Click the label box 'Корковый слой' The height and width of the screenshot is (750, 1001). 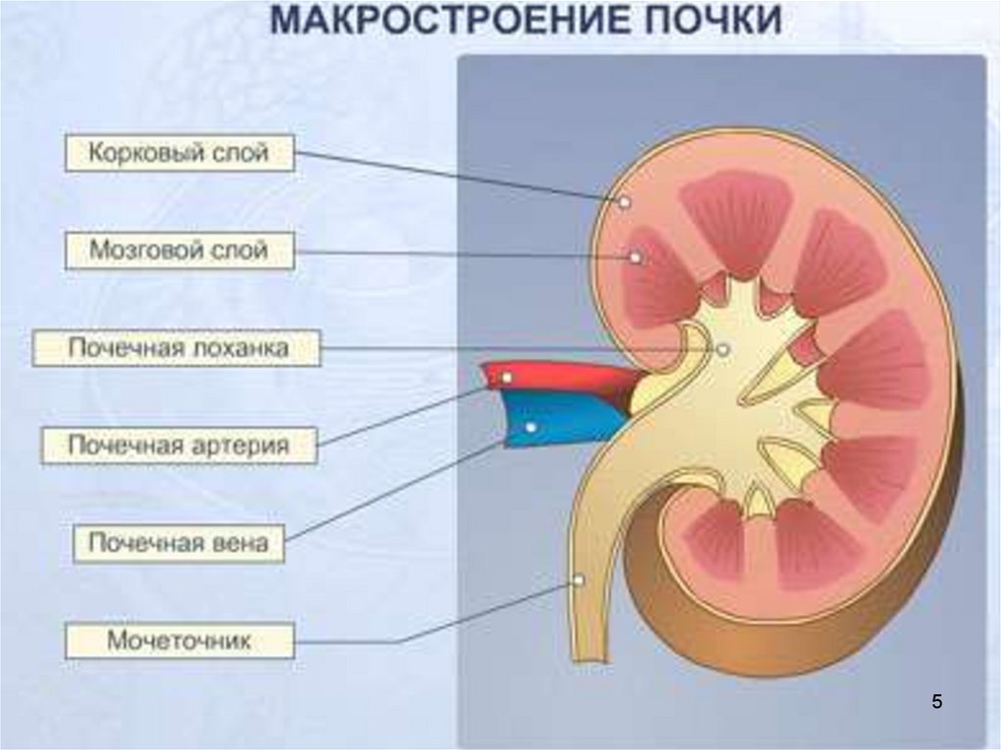click(180, 154)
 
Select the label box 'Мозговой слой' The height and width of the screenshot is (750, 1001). click(180, 249)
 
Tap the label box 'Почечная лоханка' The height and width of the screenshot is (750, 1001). click(177, 348)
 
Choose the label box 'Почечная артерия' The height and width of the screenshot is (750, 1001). click(179, 446)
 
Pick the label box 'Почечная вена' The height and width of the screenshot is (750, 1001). click(179, 543)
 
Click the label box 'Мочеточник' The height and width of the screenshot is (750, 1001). click(180, 641)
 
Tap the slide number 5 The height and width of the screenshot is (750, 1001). click(936, 701)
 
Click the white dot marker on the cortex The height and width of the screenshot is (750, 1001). click(623, 201)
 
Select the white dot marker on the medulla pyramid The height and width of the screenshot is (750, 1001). click(634, 257)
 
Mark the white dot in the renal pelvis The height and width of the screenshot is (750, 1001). click(722, 349)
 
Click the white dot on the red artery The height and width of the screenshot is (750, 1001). click(506, 376)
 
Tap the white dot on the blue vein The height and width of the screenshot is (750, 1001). click(531, 427)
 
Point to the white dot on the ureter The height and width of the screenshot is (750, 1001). click(579, 580)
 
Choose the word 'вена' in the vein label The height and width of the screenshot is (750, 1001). click(238, 543)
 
